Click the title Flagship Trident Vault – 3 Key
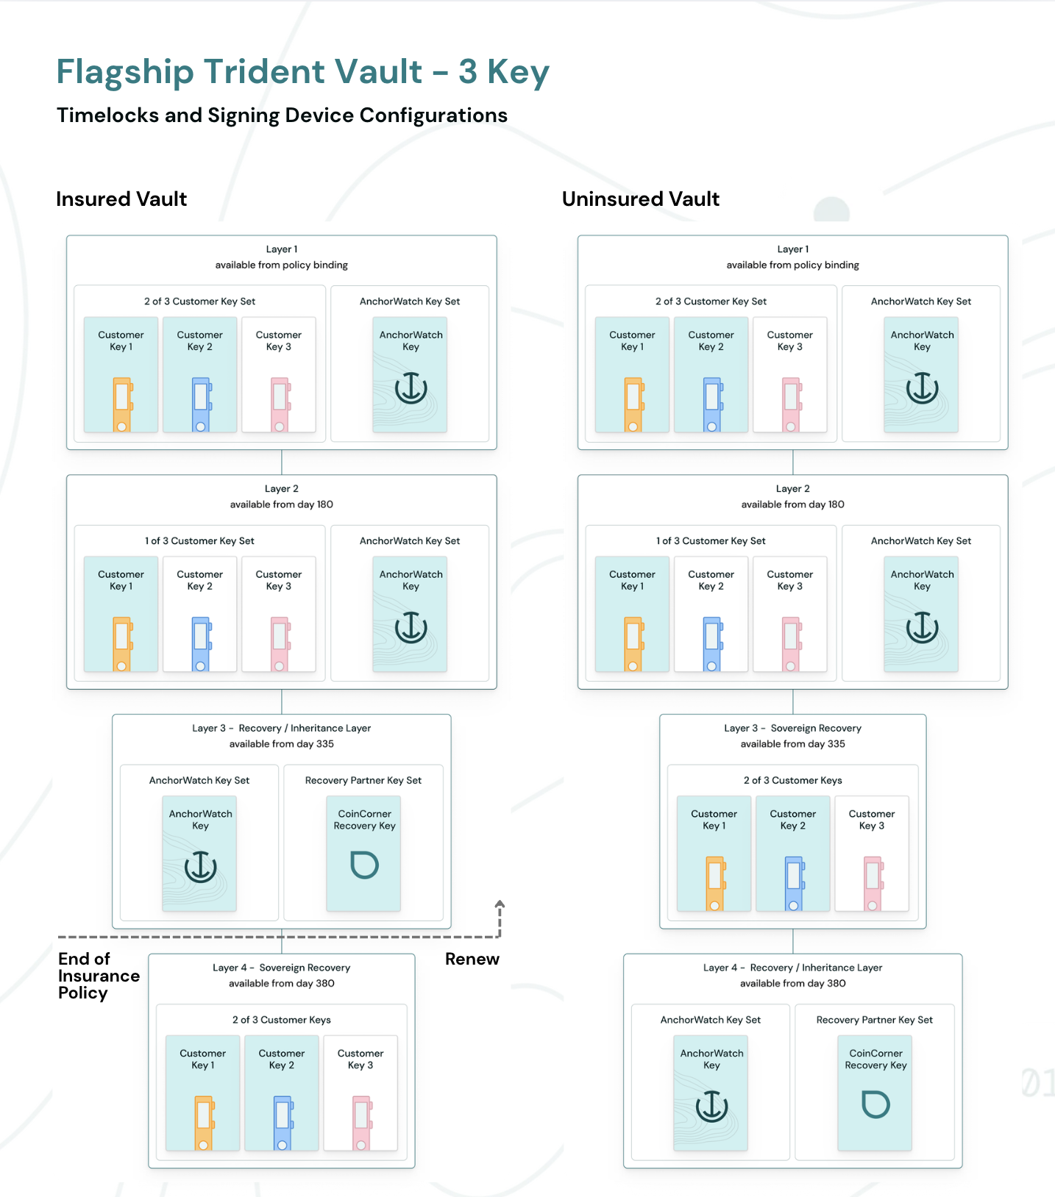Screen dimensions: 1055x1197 coord(303,72)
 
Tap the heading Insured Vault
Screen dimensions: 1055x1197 coord(121,199)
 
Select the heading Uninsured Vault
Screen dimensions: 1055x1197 coord(641,199)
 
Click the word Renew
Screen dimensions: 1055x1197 coord(472,959)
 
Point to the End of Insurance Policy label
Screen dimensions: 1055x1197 coord(99,976)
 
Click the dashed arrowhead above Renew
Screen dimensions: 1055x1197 coord(500,904)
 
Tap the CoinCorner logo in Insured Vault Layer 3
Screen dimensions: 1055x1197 coord(364,865)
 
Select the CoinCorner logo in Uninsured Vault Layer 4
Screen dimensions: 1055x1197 coord(875,1104)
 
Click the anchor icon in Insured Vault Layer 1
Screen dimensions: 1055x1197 coord(411,387)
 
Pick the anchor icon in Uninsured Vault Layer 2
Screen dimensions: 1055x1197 coord(922,627)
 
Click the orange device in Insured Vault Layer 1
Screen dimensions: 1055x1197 coord(122,404)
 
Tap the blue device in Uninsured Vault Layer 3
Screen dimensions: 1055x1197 coord(794,884)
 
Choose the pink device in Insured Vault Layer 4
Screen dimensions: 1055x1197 coord(361,1123)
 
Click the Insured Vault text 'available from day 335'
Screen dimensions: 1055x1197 coord(282,744)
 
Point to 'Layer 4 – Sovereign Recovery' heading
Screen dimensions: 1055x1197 coord(282,968)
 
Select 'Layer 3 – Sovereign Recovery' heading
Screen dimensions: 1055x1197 coord(793,728)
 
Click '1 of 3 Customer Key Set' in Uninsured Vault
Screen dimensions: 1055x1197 coord(711,541)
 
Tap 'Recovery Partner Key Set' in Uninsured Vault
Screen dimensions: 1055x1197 coord(875,1020)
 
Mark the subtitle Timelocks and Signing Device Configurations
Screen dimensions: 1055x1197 coord(283,115)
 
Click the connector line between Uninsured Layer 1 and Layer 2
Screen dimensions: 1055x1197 coord(793,462)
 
